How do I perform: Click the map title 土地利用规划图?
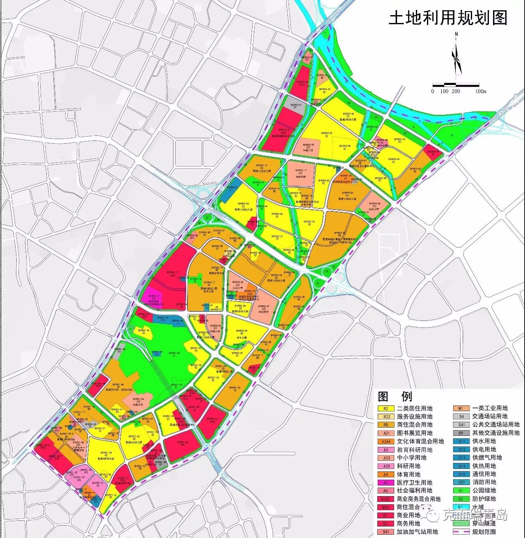coord(448,18)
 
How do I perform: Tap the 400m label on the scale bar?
coord(480,91)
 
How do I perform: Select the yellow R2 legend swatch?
coord(386,408)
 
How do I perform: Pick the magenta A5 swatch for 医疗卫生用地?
coord(386,483)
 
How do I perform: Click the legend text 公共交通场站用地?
coord(496,425)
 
